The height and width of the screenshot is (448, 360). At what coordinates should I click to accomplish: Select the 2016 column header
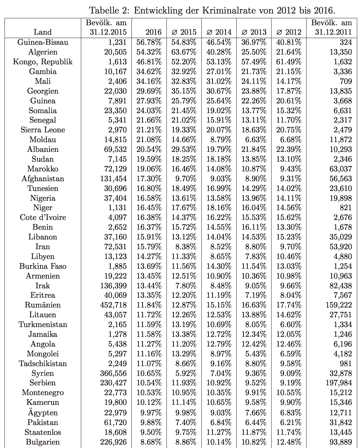coord(153,32)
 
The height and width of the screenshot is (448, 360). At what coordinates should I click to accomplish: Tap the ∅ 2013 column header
coord(254,32)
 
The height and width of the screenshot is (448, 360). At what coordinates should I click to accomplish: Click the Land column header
coord(43,32)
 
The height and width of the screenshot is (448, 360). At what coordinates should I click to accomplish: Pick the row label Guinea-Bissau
coord(43,42)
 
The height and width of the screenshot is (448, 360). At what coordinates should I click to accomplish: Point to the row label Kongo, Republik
coord(43,62)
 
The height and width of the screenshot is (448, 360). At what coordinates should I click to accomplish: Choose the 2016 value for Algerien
coord(149,52)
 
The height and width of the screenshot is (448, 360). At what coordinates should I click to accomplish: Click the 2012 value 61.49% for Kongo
coord(289,62)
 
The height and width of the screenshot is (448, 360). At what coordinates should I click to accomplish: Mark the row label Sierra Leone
coord(43,130)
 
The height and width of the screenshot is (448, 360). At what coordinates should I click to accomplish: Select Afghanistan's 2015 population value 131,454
coord(113,179)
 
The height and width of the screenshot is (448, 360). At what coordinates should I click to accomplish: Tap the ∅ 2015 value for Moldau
coord(184,140)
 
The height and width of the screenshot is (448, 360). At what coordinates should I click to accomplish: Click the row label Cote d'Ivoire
coord(43,217)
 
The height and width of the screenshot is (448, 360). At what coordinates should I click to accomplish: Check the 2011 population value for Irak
coord(340,286)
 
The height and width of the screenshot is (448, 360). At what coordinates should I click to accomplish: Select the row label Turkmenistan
coord(43,325)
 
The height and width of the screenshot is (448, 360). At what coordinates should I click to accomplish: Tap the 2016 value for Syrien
coord(149,373)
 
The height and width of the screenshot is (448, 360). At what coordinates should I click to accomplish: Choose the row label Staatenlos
coord(43,432)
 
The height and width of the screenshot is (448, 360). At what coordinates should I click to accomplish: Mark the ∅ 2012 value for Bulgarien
coord(289,442)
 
